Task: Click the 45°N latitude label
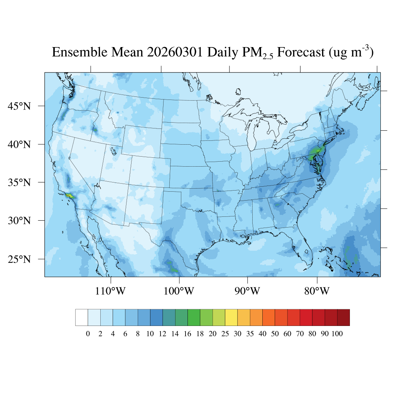20,106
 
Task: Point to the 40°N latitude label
20,144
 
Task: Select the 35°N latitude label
20,182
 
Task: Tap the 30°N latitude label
20,221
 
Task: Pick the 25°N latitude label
20,259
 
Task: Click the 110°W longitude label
110,291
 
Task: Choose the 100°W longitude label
179,291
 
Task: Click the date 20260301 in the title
176,52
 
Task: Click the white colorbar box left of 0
81,317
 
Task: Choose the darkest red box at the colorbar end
343,317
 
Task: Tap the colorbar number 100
337,334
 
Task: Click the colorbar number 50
275,334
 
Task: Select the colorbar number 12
162,334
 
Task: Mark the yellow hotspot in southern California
69,196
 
